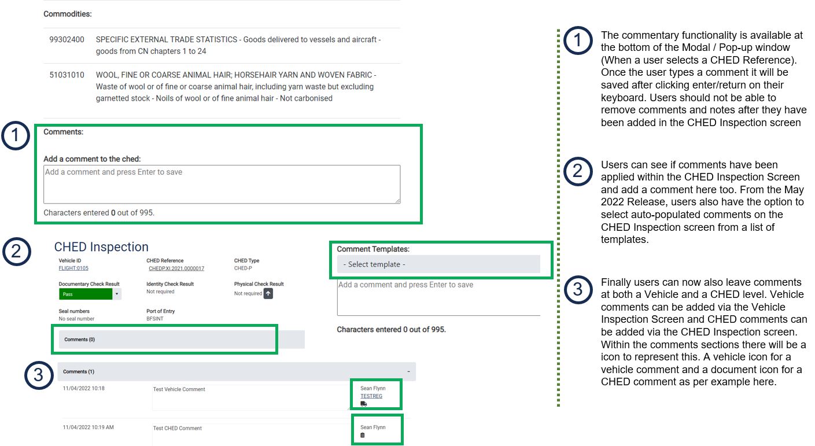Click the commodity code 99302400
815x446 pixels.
(67, 39)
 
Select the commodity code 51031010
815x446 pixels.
(67, 75)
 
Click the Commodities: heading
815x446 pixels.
(67, 14)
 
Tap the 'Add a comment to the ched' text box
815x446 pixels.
(222, 184)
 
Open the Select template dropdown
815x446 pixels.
(438, 264)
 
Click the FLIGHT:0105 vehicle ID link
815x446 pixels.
(73, 268)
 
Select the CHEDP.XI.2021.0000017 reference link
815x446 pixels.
(176, 268)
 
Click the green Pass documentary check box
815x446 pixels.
(86, 294)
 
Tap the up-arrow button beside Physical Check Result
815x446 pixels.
(268, 293)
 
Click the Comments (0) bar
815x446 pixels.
(182, 340)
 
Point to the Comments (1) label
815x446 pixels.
(79, 371)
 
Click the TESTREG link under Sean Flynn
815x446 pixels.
(371, 396)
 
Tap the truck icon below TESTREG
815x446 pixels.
(363, 404)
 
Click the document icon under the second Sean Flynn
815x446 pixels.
(363, 435)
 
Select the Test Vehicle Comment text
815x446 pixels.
(179, 389)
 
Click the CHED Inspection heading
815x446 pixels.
(101, 246)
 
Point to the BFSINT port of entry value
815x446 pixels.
(154, 319)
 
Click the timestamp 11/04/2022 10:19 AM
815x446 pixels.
(88, 427)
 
